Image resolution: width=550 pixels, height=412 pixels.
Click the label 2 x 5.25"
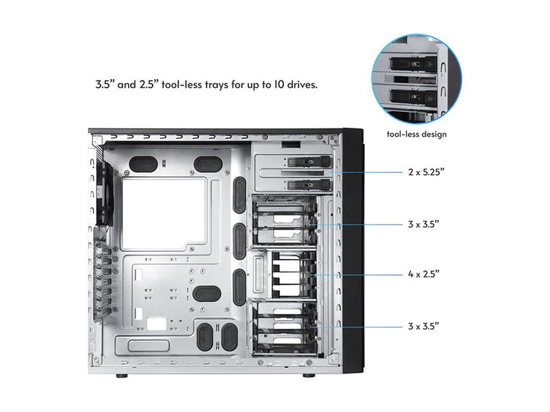coord(426,172)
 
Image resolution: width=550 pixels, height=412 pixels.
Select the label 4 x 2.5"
coord(423,274)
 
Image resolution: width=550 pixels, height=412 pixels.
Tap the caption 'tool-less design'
coord(417,134)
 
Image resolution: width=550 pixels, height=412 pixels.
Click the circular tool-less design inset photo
coord(417,79)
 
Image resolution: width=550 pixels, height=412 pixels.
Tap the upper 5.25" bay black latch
coord(309,162)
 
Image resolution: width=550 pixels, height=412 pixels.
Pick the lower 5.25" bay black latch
coord(309,185)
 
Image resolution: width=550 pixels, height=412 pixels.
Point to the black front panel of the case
coord(353,251)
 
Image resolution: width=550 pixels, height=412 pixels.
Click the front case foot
coord(309,376)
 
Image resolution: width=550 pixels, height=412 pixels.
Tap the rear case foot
coord(122,376)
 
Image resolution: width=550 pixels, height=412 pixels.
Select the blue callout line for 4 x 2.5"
coord(357,275)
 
